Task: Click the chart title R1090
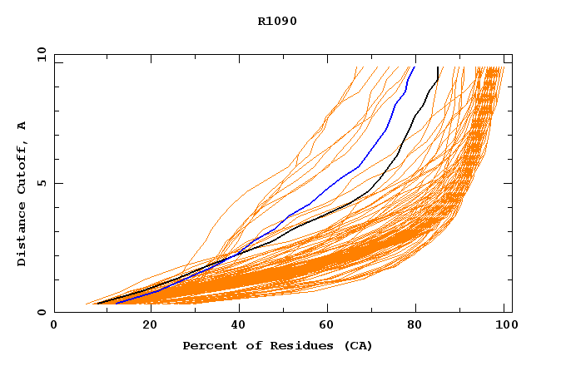point(277,21)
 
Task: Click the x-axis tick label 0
point(54,325)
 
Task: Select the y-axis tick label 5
point(41,183)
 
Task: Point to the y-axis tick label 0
point(41,312)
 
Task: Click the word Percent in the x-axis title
point(206,345)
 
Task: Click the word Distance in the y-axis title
point(22,235)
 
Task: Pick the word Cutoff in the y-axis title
point(22,167)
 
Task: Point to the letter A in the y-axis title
point(22,126)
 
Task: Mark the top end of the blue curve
point(414,67)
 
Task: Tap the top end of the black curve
point(438,67)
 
